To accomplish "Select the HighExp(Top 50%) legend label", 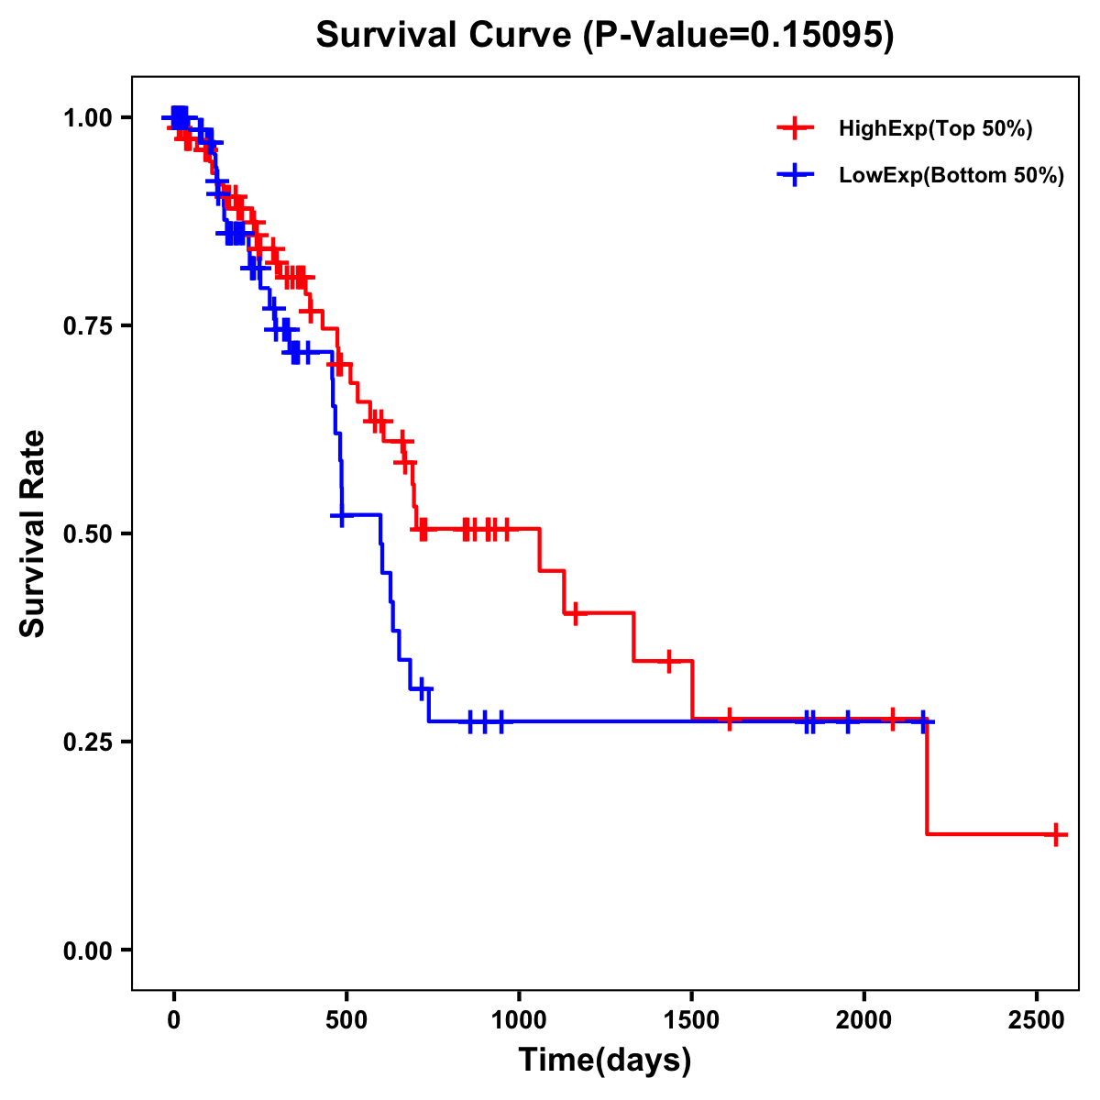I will point(935,129).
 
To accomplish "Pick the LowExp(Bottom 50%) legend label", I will point(951,176).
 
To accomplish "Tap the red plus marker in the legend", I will point(795,129).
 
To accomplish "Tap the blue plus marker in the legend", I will point(795,176).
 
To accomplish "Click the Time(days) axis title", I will point(605,1061).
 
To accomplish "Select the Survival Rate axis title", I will point(33,533).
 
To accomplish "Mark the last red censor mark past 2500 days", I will point(1056,834).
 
